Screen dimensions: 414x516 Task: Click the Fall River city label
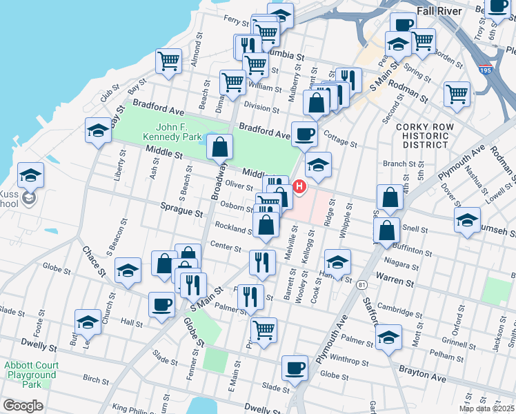pos(441,11)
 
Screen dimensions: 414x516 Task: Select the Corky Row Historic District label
pos(423,137)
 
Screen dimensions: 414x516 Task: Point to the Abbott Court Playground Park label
pos(30,375)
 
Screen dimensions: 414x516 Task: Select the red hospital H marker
pos(299,186)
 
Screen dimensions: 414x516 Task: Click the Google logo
pos(23,406)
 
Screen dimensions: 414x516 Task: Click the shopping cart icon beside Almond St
pos(168,61)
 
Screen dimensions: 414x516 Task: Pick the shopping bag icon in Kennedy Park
pos(219,146)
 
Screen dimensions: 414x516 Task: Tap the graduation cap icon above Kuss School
pos(31,175)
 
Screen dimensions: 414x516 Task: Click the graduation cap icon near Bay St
pos(99,130)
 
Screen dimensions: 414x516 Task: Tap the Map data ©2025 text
pos(487,408)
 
